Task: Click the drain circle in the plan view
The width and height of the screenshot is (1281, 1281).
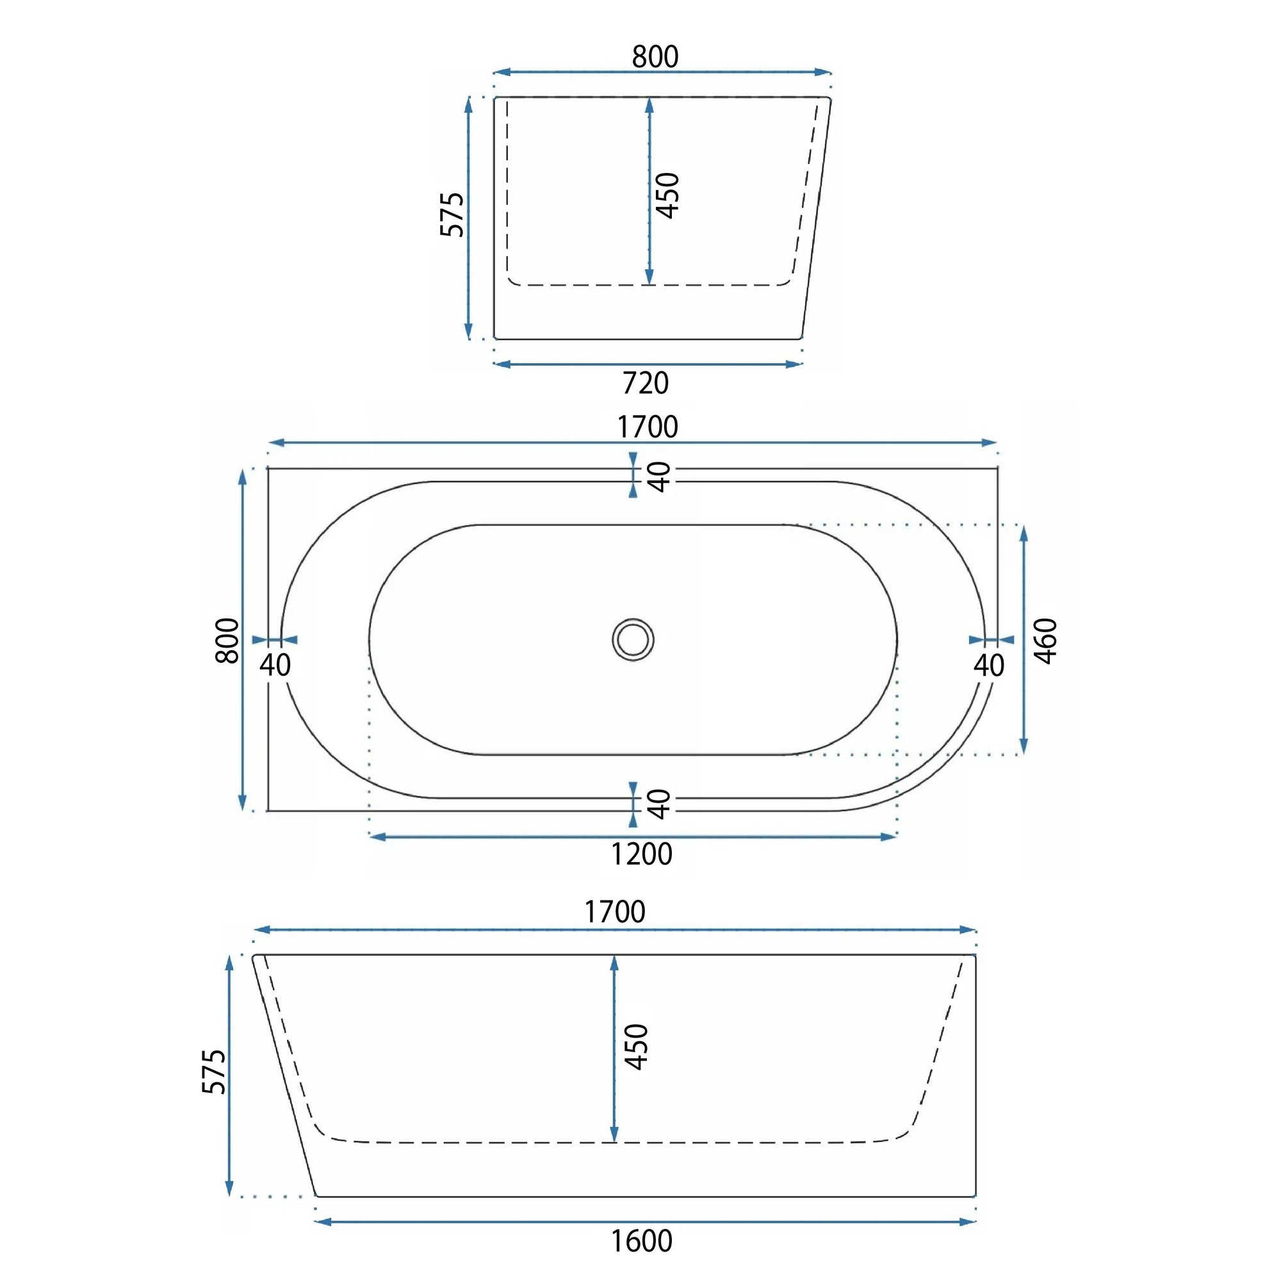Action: point(633,640)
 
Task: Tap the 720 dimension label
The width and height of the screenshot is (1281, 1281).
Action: point(646,383)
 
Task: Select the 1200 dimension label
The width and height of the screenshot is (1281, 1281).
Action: point(641,854)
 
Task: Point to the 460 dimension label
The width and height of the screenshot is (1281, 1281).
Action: point(1046,640)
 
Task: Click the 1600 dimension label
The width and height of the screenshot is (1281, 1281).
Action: point(641,1241)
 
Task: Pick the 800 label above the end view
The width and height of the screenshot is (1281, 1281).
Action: point(655,57)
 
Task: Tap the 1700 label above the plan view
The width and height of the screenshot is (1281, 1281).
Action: point(648,427)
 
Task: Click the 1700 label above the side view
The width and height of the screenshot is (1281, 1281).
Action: point(615,912)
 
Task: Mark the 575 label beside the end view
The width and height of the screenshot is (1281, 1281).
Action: point(452,214)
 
